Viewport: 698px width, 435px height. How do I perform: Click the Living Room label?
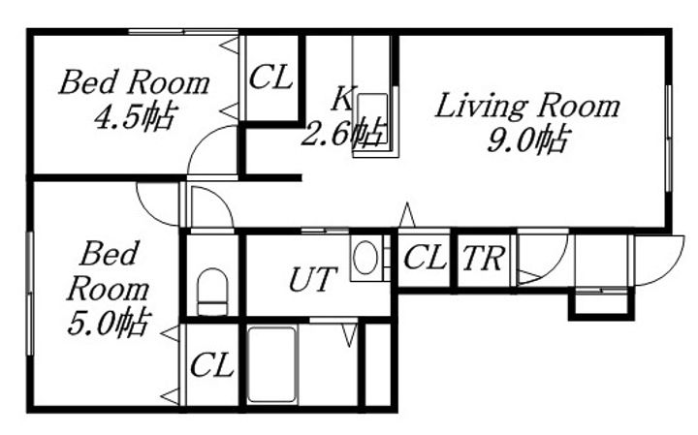coord(527,106)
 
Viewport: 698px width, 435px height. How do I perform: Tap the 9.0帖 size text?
coord(528,140)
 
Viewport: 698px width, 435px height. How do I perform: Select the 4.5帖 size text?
coord(135,116)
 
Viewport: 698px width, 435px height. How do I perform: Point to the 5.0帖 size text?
coord(109,322)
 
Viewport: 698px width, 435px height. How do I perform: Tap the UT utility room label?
coord(312,279)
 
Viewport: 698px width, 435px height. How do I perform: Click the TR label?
coord(484,258)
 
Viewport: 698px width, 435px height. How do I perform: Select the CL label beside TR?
coord(425,257)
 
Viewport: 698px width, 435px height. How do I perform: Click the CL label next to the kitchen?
coord(270,78)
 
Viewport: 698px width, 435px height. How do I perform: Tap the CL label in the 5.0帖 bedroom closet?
coord(212,365)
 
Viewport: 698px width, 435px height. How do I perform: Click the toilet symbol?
coord(212,292)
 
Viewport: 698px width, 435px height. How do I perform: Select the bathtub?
coord(272,364)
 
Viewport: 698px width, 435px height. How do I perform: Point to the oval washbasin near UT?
coord(365,258)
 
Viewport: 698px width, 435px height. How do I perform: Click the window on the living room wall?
coord(668,138)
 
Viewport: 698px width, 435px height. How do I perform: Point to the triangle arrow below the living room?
coord(407,215)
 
